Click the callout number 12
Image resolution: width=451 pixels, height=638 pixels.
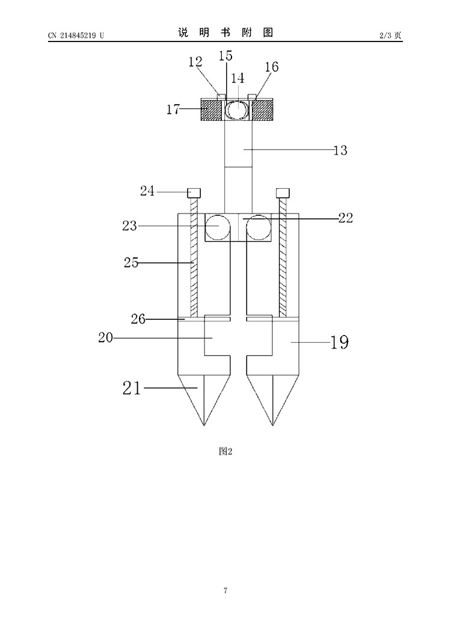[195, 61]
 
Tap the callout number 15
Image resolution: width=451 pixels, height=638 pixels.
[225, 55]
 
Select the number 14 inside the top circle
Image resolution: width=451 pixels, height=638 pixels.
[238, 78]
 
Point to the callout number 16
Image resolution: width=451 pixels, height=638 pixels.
[271, 67]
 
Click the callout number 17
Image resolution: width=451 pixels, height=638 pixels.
[173, 109]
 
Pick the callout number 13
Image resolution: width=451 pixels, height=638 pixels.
[340, 150]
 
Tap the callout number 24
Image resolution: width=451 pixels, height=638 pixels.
[147, 191]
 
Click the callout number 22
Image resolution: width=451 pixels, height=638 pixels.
[346, 218]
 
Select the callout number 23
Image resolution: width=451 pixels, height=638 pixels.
[130, 225]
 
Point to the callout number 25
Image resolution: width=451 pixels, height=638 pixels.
[132, 262]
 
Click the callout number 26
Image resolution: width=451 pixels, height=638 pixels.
[138, 319]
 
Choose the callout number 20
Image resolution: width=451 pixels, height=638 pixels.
[105, 337]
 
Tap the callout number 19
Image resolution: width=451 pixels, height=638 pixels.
[340, 342]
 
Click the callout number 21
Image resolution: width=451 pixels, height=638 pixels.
[132, 388]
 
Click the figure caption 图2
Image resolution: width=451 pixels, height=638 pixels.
[226, 451]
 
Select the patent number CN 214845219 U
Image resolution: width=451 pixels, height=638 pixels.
[76, 35]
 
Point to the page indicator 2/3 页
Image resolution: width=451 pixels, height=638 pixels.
[390, 35]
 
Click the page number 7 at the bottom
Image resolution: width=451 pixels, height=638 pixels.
[226, 590]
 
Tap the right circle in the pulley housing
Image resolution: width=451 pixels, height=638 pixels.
[259, 227]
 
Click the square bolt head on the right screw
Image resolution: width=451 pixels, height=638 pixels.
[283, 192]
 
